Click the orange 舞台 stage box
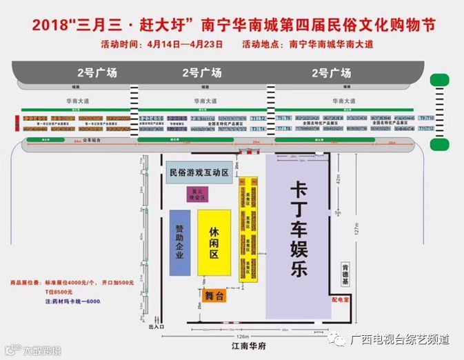tap(215, 296)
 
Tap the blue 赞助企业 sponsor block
tap(179, 243)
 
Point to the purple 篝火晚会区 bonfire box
tap(199, 194)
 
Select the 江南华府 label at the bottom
tap(239, 346)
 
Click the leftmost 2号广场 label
tap(97, 72)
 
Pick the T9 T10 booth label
tap(425, 118)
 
